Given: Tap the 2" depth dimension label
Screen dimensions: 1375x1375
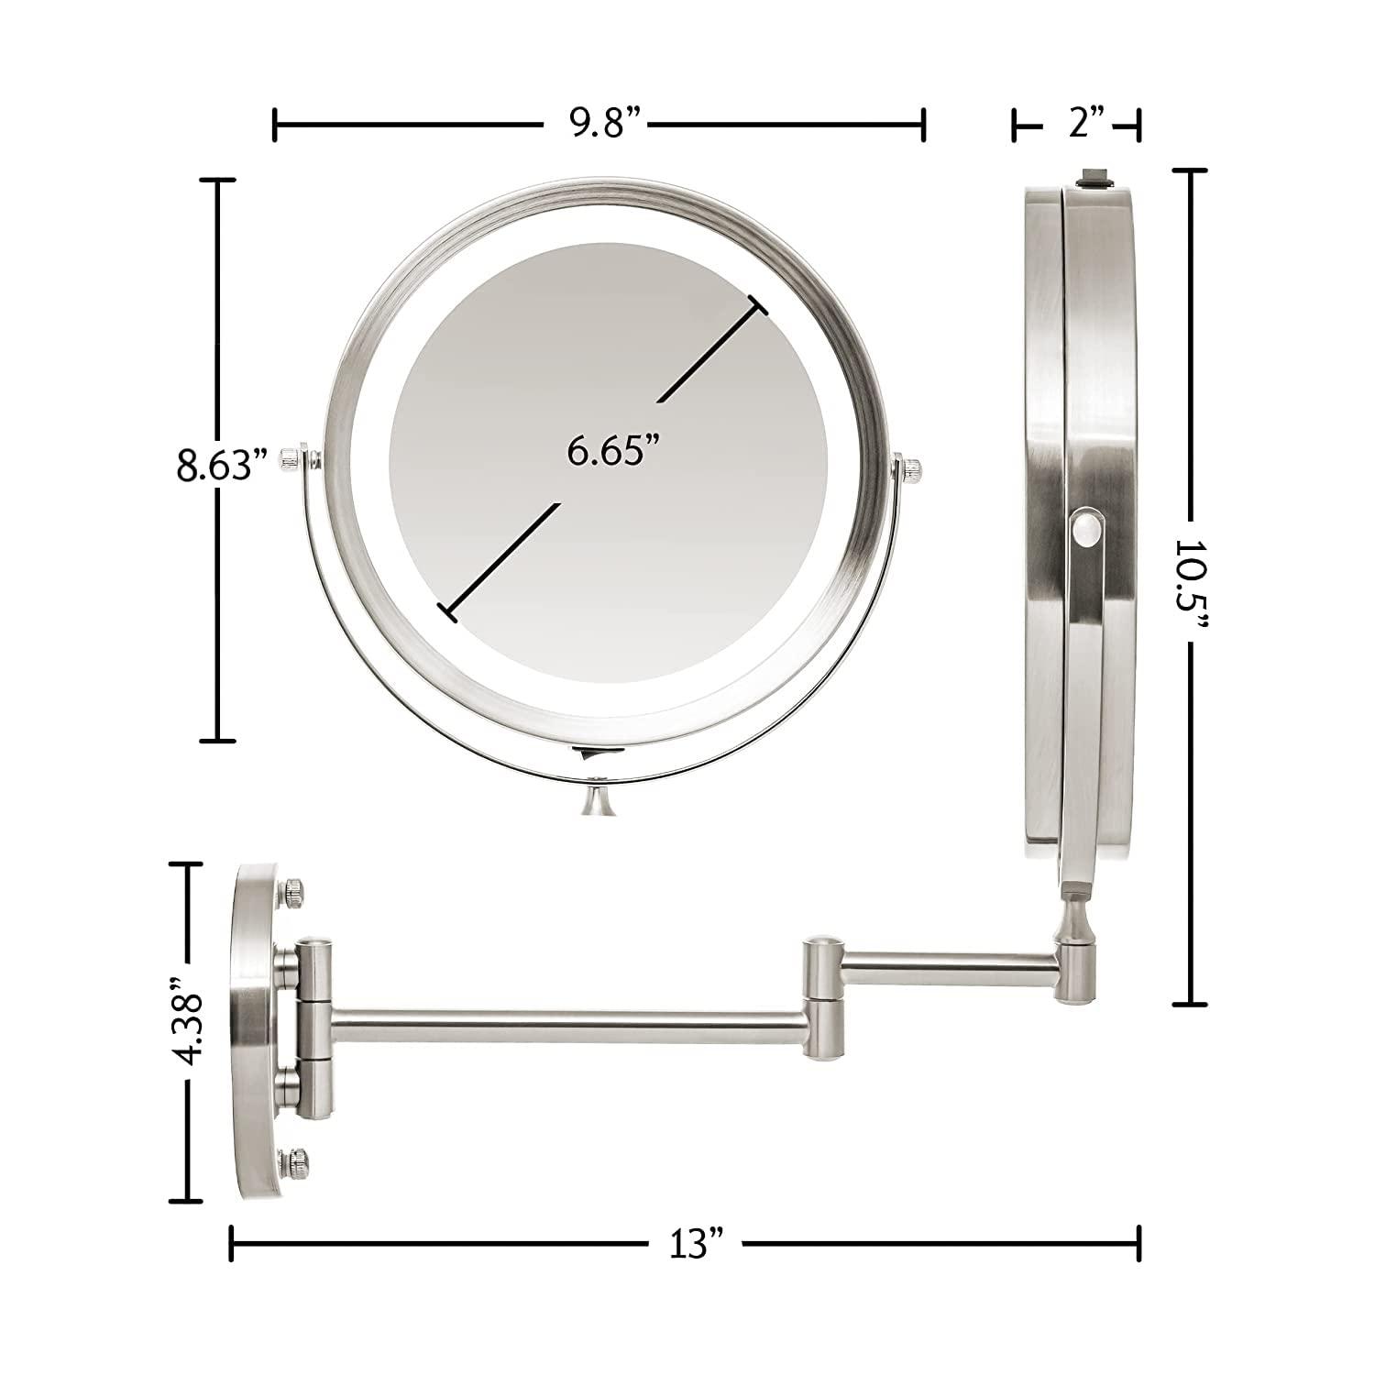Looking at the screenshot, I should coord(1077,123).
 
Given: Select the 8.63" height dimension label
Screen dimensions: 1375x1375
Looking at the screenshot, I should coord(214,465).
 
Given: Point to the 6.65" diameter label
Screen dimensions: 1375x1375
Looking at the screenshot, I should coord(613,452).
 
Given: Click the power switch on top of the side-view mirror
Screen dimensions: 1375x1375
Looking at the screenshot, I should coord(1094,177).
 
